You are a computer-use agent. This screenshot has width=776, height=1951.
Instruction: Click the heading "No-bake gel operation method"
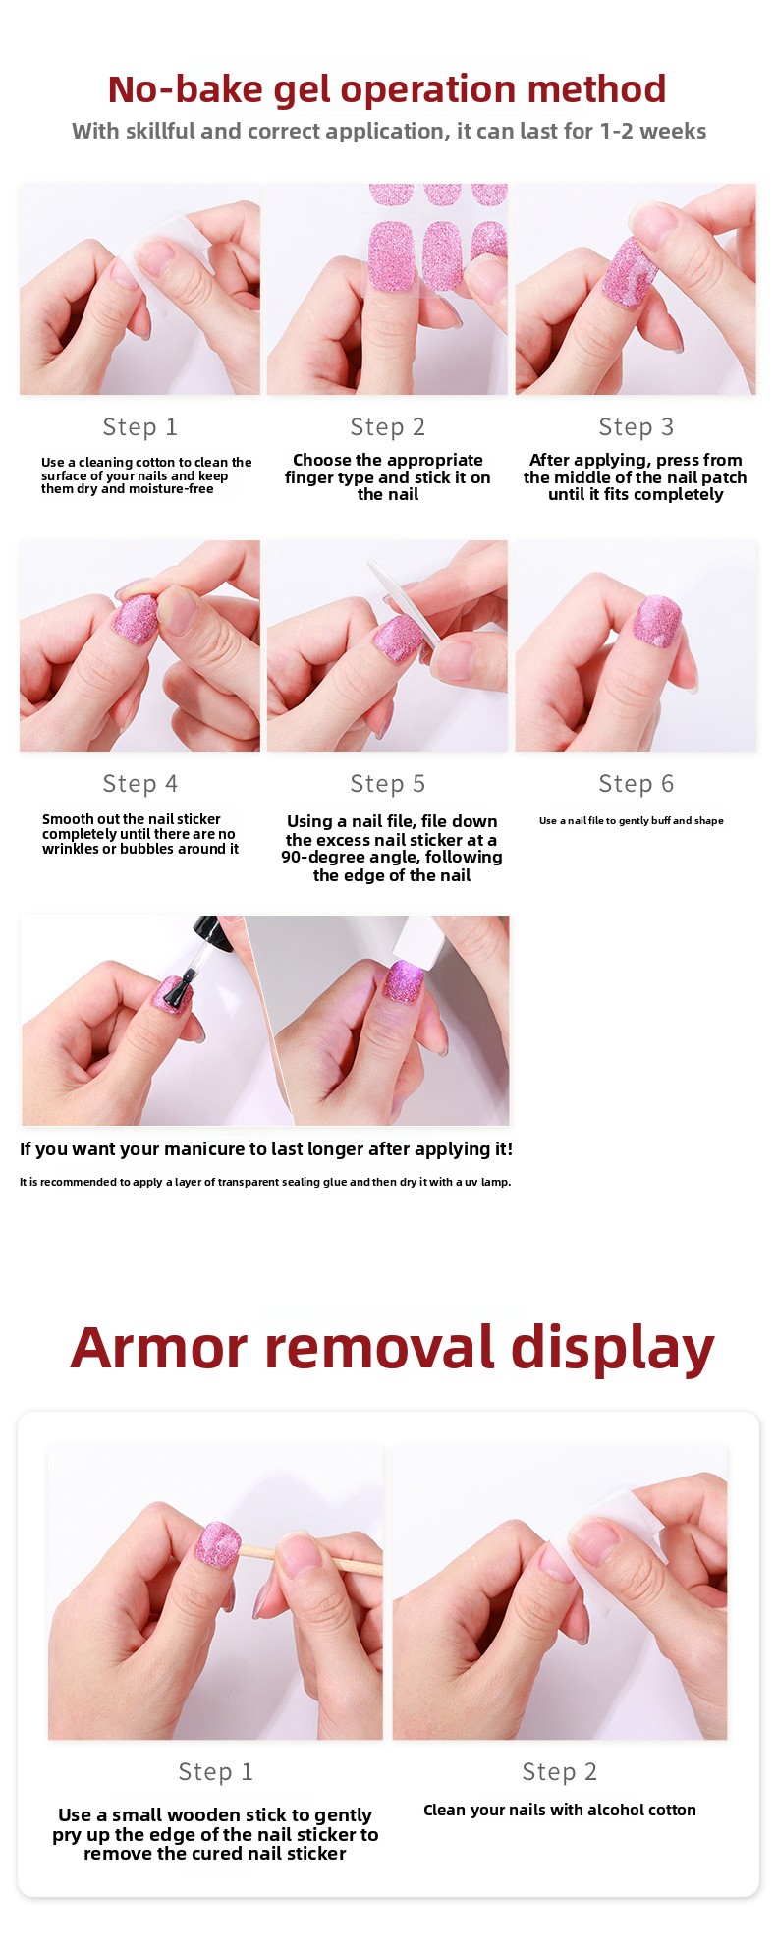click(387, 89)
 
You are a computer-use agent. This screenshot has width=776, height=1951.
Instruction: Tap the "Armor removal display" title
click(392, 1347)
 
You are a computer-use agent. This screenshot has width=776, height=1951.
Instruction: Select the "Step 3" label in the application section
click(637, 427)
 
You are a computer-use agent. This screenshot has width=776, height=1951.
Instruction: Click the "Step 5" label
click(388, 784)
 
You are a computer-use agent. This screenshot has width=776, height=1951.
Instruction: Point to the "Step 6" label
click(637, 784)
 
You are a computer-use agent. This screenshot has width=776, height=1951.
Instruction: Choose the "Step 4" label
click(140, 784)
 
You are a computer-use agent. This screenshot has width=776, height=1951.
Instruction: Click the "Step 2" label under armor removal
click(560, 1771)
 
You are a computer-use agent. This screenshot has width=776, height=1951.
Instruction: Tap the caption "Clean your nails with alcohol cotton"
click(560, 1810)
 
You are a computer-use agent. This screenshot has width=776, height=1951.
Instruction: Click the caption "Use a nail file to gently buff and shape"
click(632, 820)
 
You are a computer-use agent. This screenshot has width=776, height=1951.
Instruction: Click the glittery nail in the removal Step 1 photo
click(217, 1544)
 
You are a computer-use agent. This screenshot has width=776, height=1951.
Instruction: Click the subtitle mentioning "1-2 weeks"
click(389, 132)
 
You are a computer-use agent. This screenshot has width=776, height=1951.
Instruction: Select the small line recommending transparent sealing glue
click(265, 1182)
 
